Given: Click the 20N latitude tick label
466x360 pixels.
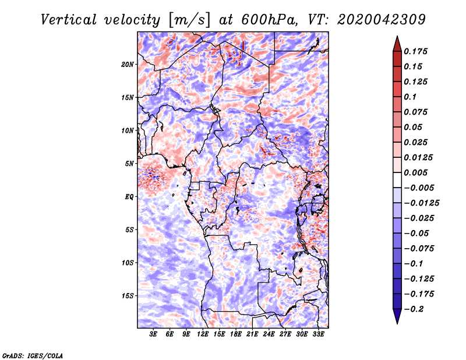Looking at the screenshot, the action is pyautogui.click(x=128, y=65).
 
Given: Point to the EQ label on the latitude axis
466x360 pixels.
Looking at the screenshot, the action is pyautogui.click(x=129, y=197).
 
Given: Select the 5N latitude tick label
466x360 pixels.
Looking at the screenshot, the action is pyautogui.click(x=129, y=164).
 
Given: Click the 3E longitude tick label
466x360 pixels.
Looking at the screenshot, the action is pyautogui.click(x=153, y=334).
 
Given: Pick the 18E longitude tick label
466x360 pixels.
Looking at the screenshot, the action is pyautogui.click(x=236, y=334).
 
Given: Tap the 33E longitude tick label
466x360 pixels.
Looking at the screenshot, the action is pyautogui.click(x=318, y=334).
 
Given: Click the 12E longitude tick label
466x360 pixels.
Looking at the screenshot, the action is pyautogui.click(x=203, y=334).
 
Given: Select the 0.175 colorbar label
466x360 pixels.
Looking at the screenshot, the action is pyautogui.click(x=415, y=51).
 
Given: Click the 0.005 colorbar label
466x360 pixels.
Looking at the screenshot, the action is pyautogui.click(x=415, y=172).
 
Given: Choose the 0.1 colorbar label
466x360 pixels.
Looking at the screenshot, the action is pyautogui.click(x=410, y=97).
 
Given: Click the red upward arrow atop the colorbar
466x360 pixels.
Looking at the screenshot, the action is pyautogui.click(x=397, y=44).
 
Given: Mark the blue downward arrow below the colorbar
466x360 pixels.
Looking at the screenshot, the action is pyautogui.click(x=397, y=316).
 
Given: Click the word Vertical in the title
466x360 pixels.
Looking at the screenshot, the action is pyautogui.click(x=69, y=20).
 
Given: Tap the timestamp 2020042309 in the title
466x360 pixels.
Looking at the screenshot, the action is pyautogui.click(x=382, y=20).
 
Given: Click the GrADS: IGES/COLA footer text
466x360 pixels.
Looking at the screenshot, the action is pyautogui.click(x=33, y=355).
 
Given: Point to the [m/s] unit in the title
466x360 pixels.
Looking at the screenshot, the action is pyautogui.click(x=189, y=20).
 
